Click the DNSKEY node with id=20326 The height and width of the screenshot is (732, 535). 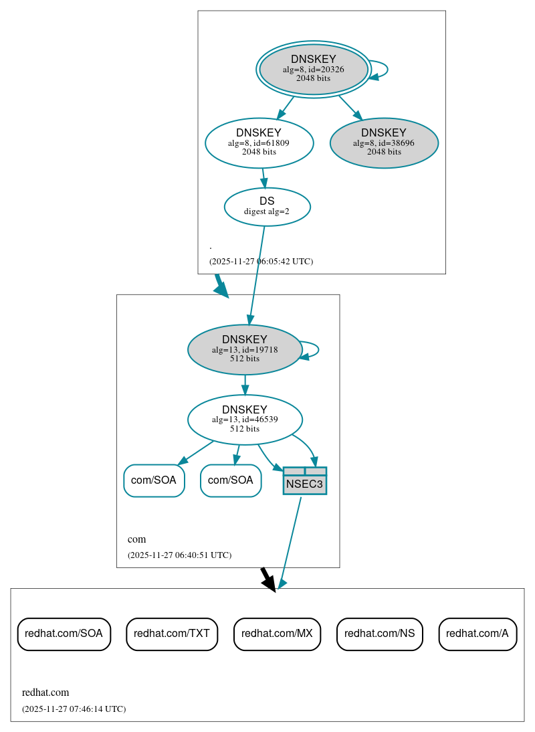tap(313, 69)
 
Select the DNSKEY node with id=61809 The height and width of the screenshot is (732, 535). tap(259, 143)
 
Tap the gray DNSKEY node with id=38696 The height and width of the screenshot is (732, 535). tap(384, 143)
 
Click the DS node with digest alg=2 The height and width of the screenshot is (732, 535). tap(267, 206)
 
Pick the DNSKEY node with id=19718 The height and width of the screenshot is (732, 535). tap(245, 349)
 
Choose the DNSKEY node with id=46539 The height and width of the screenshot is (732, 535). tap(245, 420)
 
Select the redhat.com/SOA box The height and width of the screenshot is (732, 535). tap(64, 634)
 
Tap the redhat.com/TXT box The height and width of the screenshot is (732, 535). tap(172, 634)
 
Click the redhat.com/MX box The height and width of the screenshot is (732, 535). tap(277, 634)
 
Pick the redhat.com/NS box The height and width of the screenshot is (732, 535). tap(379, 634)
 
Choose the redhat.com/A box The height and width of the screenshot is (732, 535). tap(477, 634)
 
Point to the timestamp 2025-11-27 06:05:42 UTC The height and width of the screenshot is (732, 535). tap(261, 262)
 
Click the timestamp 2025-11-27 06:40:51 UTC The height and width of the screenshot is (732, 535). tap(179, 555)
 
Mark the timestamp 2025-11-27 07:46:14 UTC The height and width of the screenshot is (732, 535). tap(74, 709)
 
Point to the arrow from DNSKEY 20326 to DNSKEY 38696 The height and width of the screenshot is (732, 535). tap(350, 108)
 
